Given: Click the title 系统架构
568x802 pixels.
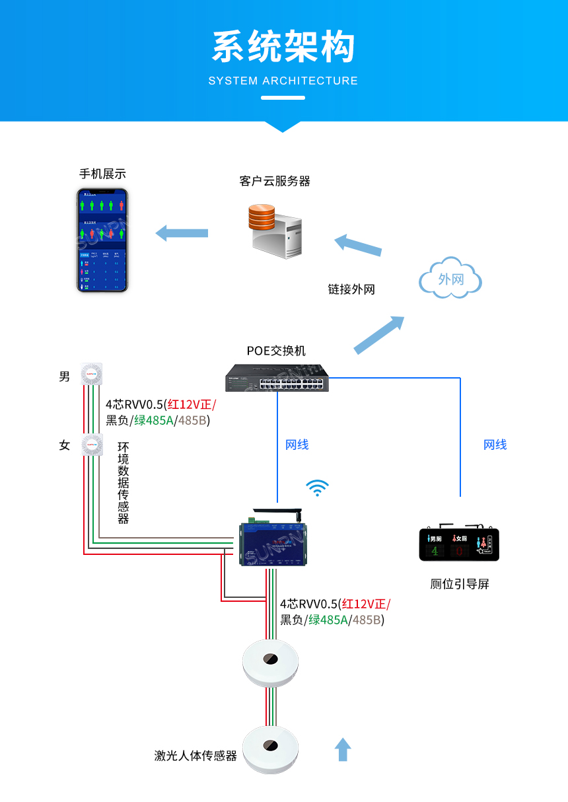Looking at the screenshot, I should coord(283,47).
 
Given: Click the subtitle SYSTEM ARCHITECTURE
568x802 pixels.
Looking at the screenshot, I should coord(283,81).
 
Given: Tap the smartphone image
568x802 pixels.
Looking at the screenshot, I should coord(102,240).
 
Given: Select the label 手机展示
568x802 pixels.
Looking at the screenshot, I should coord(102,174).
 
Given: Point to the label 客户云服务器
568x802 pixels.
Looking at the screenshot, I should coord(275,181).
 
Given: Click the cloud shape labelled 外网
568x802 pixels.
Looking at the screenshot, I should coord(451,279).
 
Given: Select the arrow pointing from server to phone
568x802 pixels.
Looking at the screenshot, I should coord(182,233).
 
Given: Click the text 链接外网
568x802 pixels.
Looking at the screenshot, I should coord(351,289).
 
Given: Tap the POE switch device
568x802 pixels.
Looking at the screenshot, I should coord(277,377).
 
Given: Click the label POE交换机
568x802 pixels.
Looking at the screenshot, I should coord(276,351).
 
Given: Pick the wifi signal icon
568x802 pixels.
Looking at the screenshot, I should coord(318,488).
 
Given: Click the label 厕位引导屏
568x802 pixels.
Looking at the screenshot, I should coord(460,584).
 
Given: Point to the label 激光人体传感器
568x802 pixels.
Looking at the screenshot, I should coord(195,756).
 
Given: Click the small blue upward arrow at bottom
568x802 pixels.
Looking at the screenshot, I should coord(342,750).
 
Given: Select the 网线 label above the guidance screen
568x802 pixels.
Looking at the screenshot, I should coord(495,445).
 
